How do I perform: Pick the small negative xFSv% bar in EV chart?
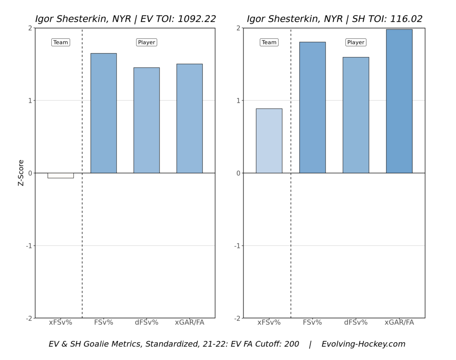pyautogui.click(x=60, y=175)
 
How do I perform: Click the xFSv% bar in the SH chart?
pyautogui.click(x=269, y=141)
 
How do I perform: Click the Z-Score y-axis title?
pyautogui.click(x=21, y=173)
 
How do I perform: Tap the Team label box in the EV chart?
pyautogui.click(x=60, y=43)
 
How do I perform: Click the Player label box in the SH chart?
pyautogui.click(x=356, y=43)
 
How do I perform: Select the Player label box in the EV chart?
pyautogui.click(x=146, y=43)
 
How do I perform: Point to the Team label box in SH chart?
pyautogui.click(x=269, y=43)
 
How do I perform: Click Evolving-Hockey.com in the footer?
pyautogui.click(x=363, y=344)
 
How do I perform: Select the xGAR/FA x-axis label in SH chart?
pyautogui.click(x=399, y=322)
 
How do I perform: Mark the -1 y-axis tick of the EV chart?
pyautogui.click(x=29, y=246)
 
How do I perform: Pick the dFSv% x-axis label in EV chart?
pyautogui.click(x=146, y=322)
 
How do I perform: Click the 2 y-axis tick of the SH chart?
pyautogui.click(x=238, y=28)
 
